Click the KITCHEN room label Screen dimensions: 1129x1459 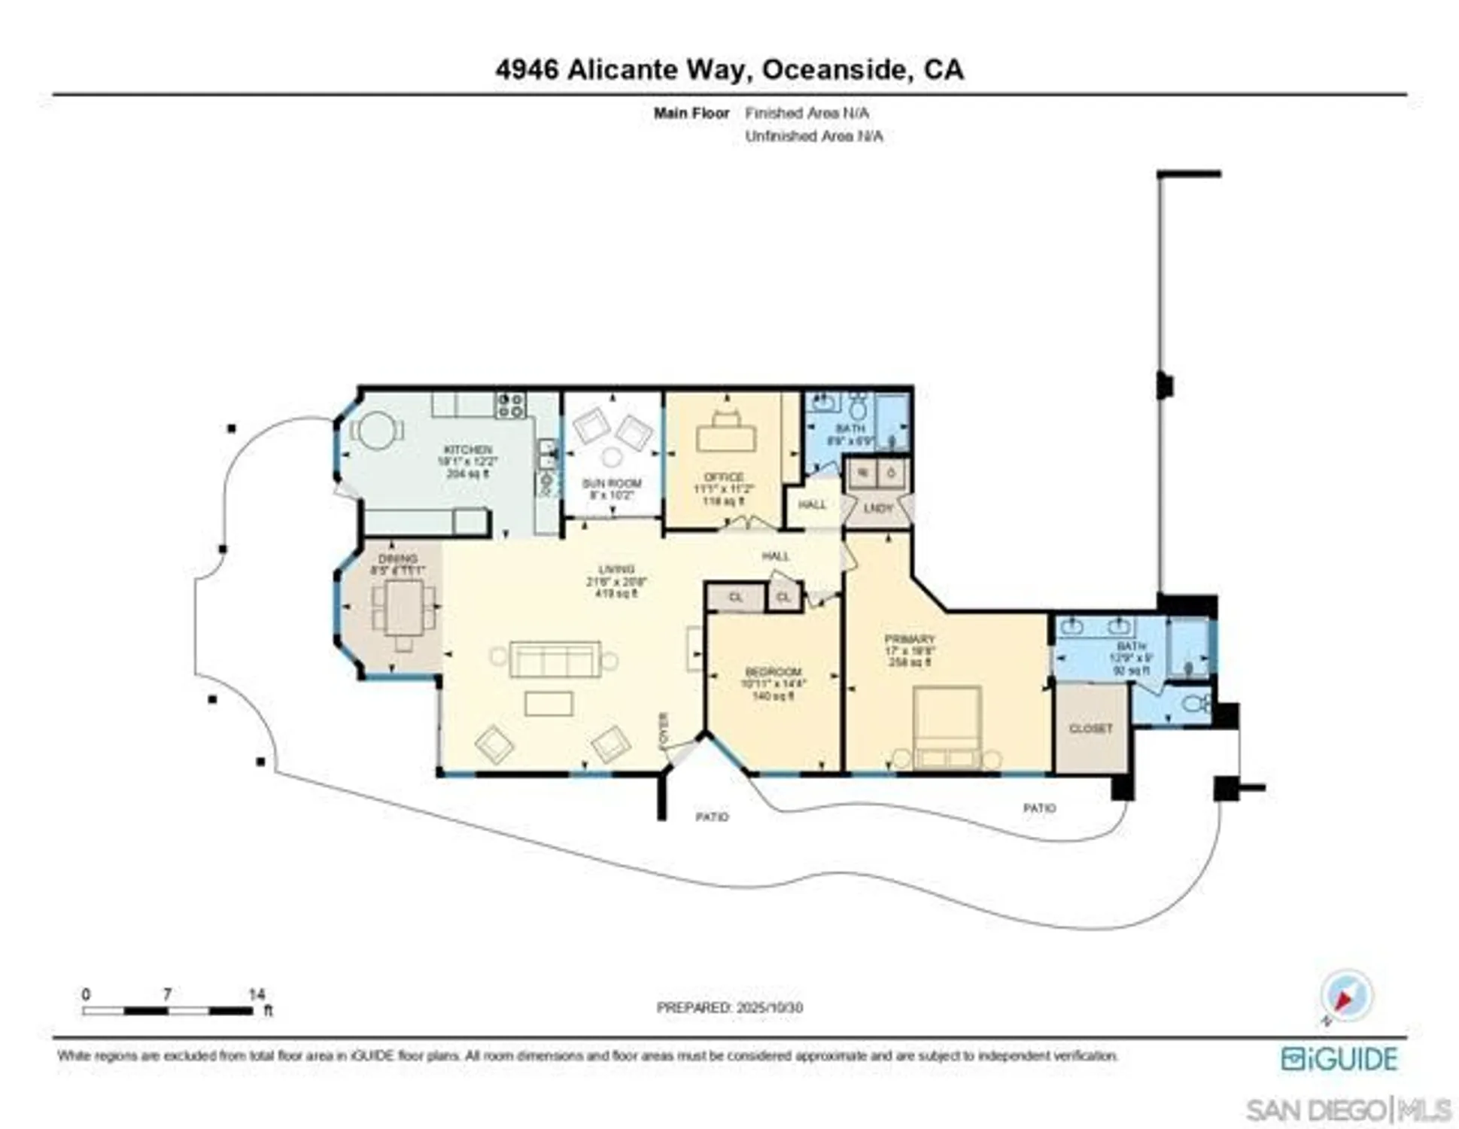click(x=467, y=449)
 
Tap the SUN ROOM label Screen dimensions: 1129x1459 click(x=612, y=483)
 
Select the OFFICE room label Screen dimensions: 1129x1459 click(x=723, y=477)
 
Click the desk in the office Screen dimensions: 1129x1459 click(x=725, y=437)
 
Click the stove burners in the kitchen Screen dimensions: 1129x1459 click(x=510, y=406)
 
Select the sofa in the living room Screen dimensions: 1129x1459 click(x=555, y=659)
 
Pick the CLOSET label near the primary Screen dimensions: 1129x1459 click(x=1090, y=729)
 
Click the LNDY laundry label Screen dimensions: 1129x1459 click(x=877, y=508)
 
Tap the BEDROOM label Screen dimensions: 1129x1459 click(x=773, y=671)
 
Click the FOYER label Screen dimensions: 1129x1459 click(x=664, y=730)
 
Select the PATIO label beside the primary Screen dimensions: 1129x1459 click(x=1039, y=808)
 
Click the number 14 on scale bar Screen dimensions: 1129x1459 click(x=257, y=994)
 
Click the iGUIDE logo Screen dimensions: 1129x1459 click(x=1339, y=1059)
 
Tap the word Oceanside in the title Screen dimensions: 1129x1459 click(x=834, y=69)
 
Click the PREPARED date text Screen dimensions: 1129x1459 click(x=729, y=1007)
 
